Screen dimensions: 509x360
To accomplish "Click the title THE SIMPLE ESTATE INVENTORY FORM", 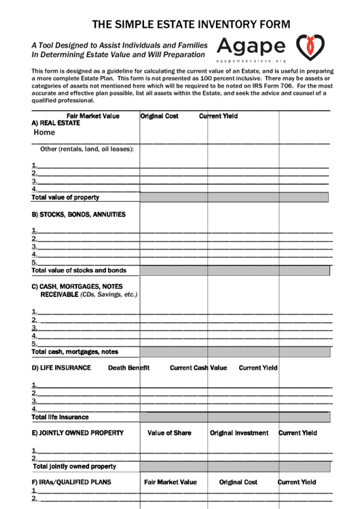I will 191,24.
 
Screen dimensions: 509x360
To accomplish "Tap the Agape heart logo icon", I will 310,47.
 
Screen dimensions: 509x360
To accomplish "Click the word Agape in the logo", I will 251,46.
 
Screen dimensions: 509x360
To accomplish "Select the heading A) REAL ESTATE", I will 56,124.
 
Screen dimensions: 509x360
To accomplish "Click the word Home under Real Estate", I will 44,133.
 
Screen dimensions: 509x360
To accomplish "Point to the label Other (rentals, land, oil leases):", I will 87,149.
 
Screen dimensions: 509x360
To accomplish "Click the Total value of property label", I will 65,197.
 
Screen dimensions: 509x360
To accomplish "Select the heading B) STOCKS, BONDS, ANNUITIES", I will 78,214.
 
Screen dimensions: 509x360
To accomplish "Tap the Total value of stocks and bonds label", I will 79,270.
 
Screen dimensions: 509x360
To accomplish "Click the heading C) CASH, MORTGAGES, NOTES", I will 77,286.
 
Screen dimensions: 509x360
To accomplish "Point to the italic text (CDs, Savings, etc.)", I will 109,294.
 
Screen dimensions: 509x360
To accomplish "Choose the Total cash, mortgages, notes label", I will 75,351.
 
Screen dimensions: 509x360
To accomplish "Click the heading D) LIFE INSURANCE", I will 61,368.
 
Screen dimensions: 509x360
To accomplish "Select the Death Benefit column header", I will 128,368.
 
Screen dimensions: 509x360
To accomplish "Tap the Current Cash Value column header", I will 198,368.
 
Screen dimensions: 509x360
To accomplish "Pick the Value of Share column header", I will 169,433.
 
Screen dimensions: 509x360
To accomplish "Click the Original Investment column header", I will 239,433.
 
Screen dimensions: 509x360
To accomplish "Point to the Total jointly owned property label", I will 74,466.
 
